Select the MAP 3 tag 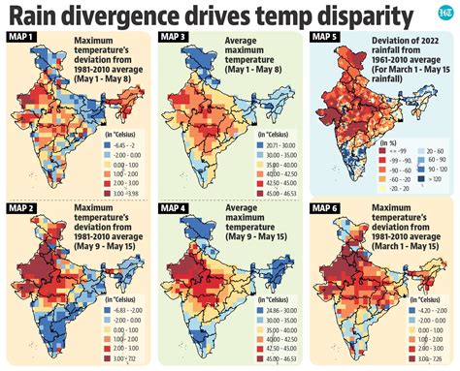click(x=175, y=38)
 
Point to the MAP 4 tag click(x=175, y=207)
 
